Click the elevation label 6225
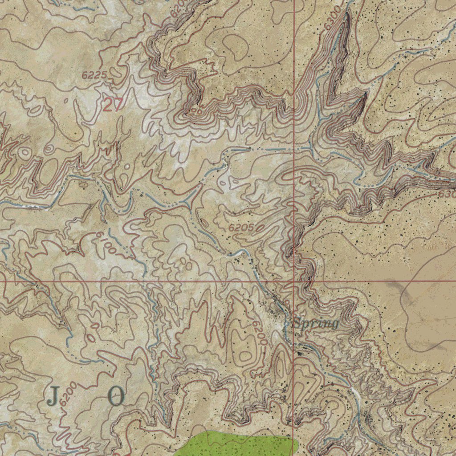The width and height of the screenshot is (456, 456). (x=94, y=75)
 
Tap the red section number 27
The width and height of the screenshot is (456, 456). (x=112, y=105)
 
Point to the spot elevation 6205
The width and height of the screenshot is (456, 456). (x=242, y=228)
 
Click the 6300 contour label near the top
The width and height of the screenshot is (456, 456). (x=334, y=19)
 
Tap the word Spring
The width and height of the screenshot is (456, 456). (x=316, y=323)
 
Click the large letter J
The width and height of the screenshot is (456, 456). (x=53, y=396)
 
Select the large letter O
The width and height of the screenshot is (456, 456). (x=116, y=396)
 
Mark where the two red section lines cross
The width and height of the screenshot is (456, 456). (x=294, y=281)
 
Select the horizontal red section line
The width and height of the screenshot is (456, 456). (x=134, y=281)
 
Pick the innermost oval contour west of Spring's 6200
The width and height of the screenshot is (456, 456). (x=245, y=355)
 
